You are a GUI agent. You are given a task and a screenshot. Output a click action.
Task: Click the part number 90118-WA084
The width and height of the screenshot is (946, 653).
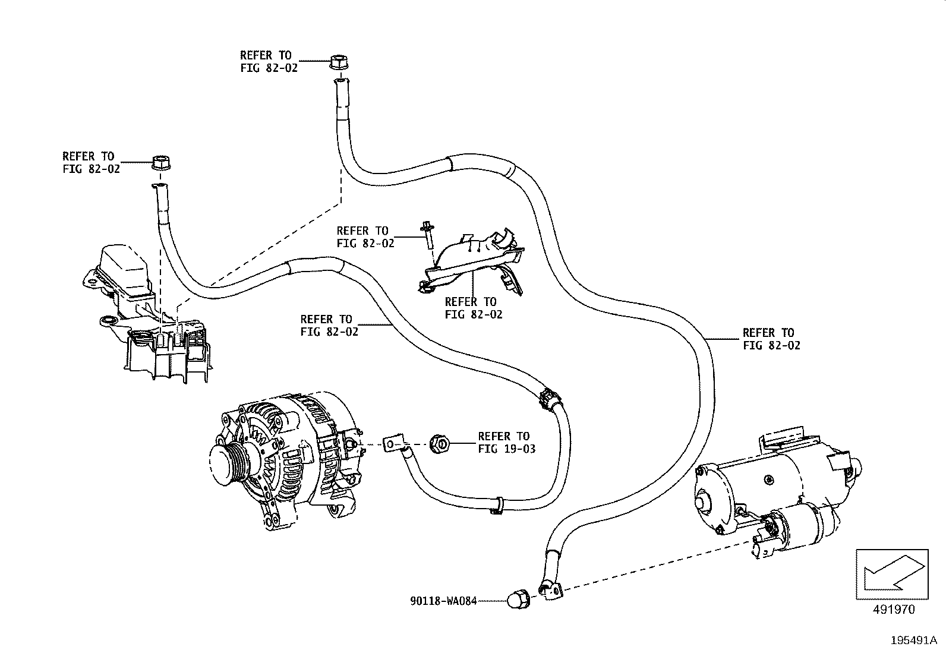pyautogui.click(x=443, y=601)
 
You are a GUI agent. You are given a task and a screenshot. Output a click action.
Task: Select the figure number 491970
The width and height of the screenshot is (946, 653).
pyautogui.click(x=893, y=609)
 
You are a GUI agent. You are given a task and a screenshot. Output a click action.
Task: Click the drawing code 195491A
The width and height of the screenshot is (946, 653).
pyautogui.click(x=914, y=641)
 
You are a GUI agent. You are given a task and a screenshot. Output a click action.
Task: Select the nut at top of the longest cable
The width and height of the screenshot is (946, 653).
pyautogui.click(x=338, y=62)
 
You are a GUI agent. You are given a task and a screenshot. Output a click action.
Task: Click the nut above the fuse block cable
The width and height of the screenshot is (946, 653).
pyautogui.click(x=160, y=162)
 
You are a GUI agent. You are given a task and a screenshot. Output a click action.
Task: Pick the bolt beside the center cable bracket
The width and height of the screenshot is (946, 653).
pyautogui.click(x=428, y=235)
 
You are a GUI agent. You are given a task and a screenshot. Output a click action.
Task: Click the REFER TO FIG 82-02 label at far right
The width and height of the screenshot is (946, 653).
pyautogui.click(x=771, y=339)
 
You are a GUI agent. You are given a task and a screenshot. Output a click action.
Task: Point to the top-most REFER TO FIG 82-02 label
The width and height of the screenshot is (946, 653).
pyautogui.click(x=269, y=61)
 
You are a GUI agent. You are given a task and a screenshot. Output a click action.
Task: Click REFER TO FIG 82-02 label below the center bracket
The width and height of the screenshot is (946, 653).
pyautogui.click(x=474, y=308)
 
